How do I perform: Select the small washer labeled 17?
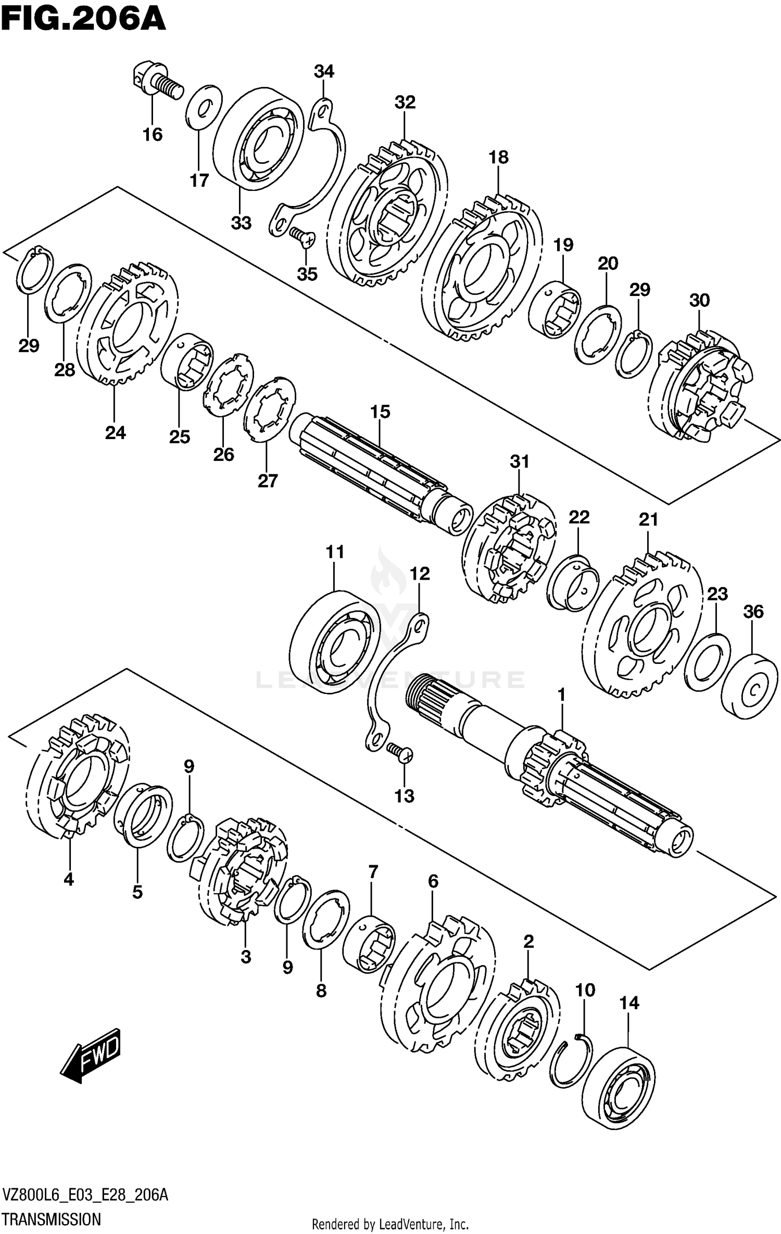[204, 107]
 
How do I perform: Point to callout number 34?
[324, 71]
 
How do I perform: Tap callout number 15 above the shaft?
[380, 412]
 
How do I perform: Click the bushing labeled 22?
[573, 583]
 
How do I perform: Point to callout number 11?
[335, 551]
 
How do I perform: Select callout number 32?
[405, 102]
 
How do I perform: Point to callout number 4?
[68, 880]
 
